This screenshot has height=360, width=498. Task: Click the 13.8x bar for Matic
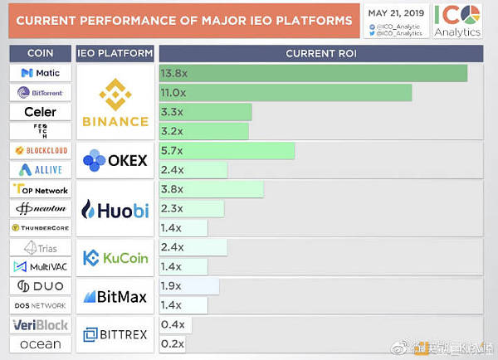pos(313,73)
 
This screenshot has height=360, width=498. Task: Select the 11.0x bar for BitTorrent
pos(286,92)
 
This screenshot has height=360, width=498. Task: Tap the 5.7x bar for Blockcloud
pos(227,150)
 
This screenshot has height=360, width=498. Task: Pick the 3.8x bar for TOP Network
pos(211,189)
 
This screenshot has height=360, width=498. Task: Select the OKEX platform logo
pos(115,159)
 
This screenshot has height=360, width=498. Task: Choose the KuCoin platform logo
pos(115,258)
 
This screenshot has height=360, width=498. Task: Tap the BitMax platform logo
pos(115,296)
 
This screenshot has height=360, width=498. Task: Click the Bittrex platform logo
pos(115,334)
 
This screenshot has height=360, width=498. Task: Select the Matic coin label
pos(40,73)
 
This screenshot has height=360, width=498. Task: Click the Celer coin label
pos(40,111)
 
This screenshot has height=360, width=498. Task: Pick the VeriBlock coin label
pos(40,325)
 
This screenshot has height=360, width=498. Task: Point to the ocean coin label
pos(40,344)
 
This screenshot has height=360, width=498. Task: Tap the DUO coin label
pos(40,286)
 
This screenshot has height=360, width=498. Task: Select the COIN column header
pos(40,53)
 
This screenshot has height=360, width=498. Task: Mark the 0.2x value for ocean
pos(173,343)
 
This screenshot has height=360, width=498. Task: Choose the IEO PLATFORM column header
pos(115,53)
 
